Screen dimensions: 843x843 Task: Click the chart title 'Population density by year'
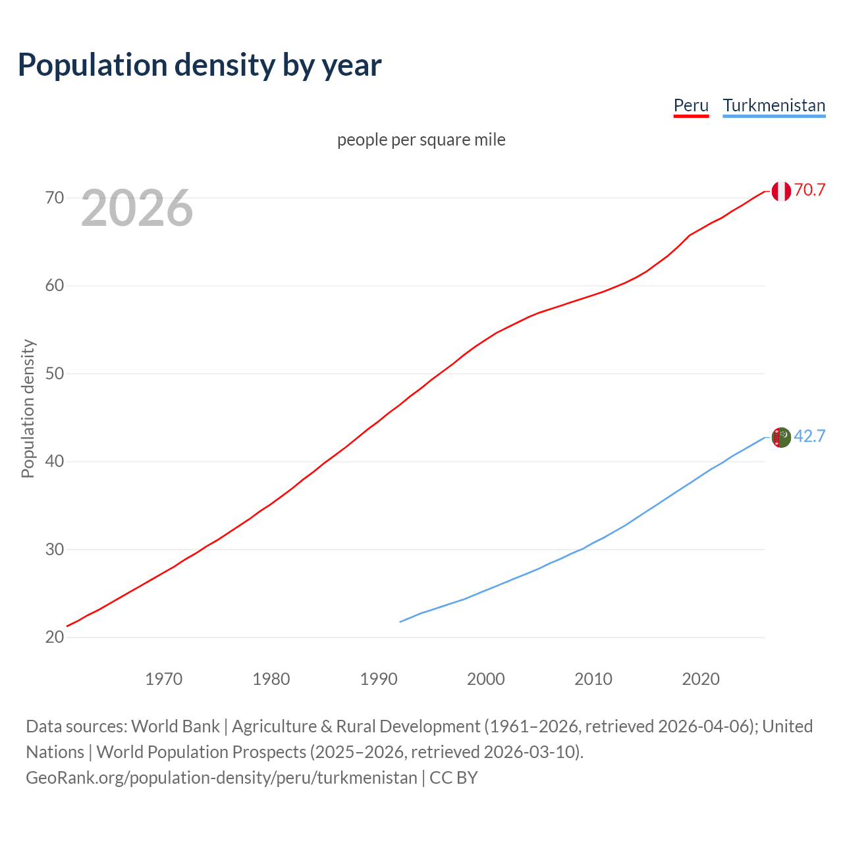point(200,65)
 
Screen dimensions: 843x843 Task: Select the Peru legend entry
point(691,105)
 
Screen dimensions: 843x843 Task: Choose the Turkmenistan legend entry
point(774,105)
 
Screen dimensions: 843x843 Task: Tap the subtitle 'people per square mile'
point(421,140)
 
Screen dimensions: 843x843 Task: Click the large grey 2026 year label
point(137,208)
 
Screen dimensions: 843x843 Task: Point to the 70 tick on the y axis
point(55,198)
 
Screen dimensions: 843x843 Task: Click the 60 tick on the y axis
point(55,286)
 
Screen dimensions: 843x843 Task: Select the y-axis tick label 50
point(55,373)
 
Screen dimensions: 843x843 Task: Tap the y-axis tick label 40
point(55,461)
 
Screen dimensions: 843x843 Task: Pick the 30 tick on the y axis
point(55,549)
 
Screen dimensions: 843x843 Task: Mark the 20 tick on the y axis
point(55,637)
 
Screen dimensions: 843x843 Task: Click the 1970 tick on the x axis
point(163,679)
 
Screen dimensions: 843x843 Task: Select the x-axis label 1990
point(379,679)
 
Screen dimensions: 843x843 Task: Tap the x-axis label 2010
point(593,679)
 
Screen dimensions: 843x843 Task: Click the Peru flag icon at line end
point(781,191)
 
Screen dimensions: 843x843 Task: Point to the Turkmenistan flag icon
point(781,437)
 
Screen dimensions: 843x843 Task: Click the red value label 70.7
point(809,190)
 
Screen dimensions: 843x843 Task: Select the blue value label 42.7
point(809,437)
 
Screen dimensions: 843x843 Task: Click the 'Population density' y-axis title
point(28,408)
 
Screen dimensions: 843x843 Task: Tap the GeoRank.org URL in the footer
point(221,778)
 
